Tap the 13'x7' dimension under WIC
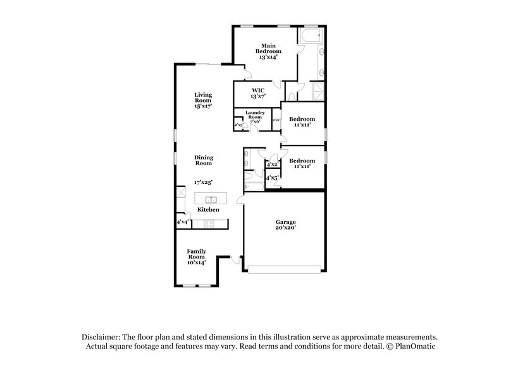257,96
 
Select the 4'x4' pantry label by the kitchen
182,222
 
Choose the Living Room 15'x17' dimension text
203,106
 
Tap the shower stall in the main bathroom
319,92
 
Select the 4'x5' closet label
273,179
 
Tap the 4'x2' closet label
273,164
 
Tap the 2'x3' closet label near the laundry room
239,125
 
